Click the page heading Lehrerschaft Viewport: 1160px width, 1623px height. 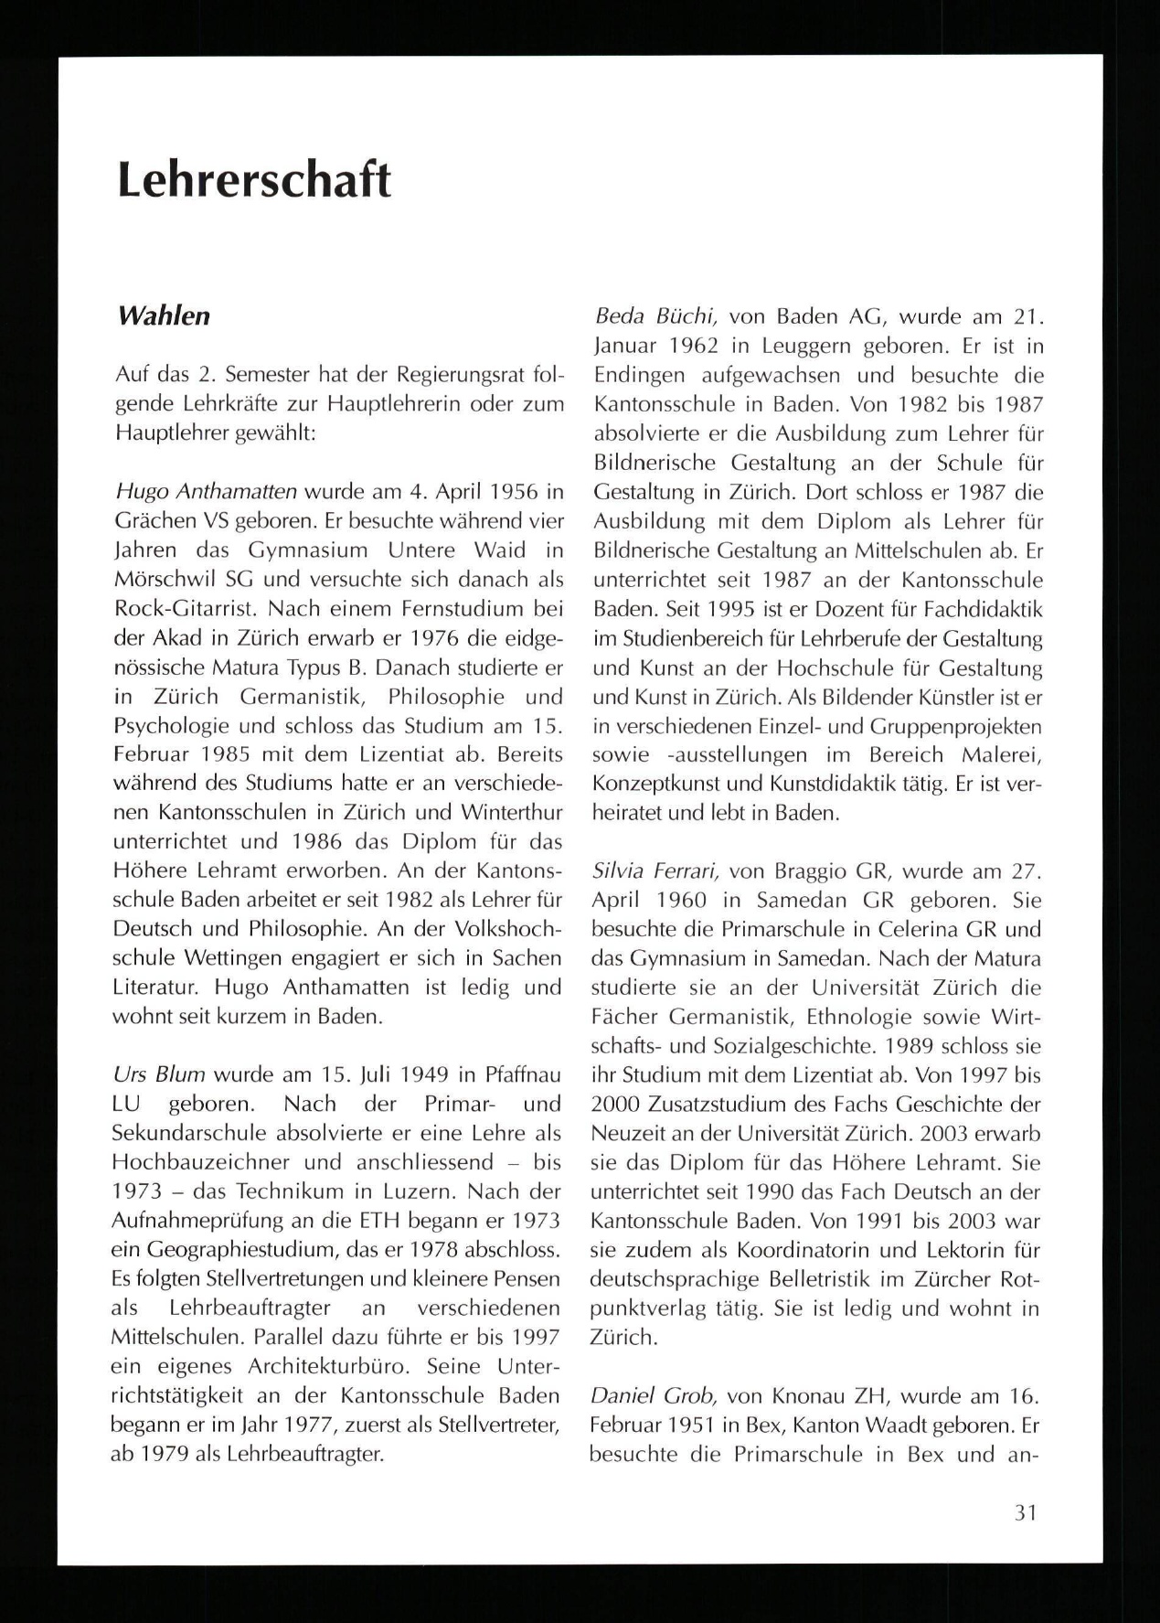254,179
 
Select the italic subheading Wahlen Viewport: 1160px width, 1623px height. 164,316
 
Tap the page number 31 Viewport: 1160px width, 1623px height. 1026,1511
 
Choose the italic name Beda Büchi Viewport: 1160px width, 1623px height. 655,317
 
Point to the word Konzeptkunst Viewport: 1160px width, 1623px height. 649,784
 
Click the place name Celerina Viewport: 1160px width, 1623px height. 910,930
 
